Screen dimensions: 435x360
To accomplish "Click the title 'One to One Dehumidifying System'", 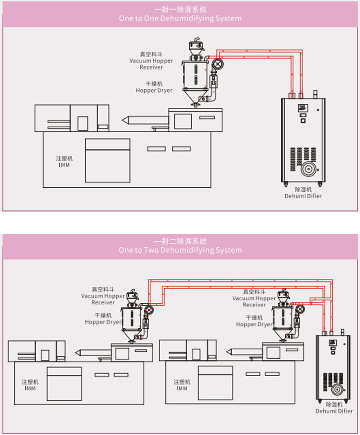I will [180, 18].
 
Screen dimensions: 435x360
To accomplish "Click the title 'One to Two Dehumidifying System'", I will [180, 250].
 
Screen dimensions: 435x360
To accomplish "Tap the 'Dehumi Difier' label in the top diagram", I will [303, 196].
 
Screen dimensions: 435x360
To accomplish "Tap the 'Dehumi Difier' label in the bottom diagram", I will [334, 411].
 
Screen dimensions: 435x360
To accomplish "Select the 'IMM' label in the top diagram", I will [64, 164].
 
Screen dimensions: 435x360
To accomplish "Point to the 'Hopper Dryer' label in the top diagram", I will [154, 91].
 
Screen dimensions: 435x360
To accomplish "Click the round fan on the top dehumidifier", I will [308, 169].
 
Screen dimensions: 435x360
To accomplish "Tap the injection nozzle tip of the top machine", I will [124, 120].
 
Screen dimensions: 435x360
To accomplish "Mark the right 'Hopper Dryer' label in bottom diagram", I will [254, 325].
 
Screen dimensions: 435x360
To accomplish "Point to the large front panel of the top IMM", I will [107, 159].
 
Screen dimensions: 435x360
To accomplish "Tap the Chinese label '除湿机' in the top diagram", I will [303, 189].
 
